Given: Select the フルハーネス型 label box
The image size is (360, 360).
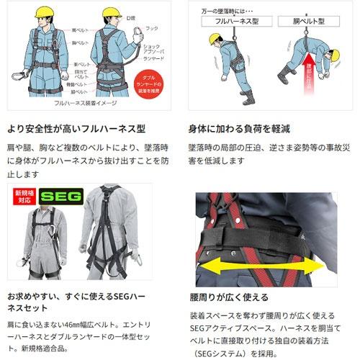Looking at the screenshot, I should (x=233, y=23).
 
